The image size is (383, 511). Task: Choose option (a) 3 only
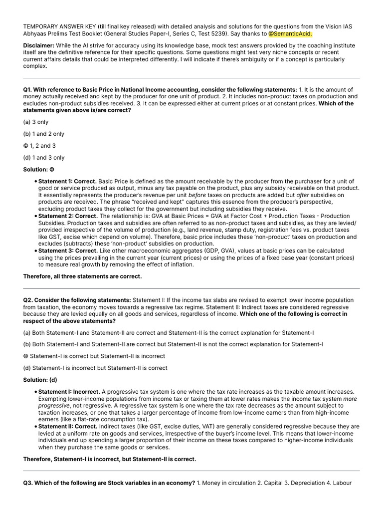click(x=36, y=122)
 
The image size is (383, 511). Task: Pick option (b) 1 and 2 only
click(x=44, y=134)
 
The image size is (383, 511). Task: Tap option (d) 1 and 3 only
click(x=44, y=157)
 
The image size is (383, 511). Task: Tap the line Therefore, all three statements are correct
click(x=82, y=276)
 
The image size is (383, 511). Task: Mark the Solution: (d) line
click(x=40, y=380)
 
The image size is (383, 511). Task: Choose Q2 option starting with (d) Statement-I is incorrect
click(x=95, y=368)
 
